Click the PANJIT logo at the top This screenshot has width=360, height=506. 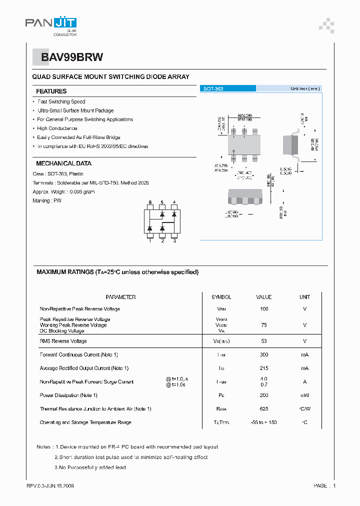tap(51, 23)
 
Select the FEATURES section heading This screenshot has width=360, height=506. tap(51, 91)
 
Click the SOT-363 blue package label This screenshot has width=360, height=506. tap(213, 88)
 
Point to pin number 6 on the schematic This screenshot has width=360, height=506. tap(150, 202)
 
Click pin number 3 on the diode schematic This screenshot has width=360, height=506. tap(174, 241)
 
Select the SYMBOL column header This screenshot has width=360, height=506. tap(221, 297)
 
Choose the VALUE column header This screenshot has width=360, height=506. tap(263, 297)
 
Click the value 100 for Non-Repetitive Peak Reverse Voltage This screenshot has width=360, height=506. tap(263, 309)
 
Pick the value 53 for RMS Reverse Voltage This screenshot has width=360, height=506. tap(263, 341)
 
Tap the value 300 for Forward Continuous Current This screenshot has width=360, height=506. tap(263, 354)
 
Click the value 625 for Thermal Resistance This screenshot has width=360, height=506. tap(263, 409)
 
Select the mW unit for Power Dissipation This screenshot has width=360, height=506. tap(304, 395)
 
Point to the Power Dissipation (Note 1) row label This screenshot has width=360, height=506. tap(68, 395)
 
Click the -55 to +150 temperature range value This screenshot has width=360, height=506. tap(263, 422)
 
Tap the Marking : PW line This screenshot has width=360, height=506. tap(48, 200)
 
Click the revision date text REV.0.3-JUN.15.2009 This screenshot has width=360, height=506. tap(50, 485)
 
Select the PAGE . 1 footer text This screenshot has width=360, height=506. tap(324, 485)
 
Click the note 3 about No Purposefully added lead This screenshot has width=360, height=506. tap(90, 467)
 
